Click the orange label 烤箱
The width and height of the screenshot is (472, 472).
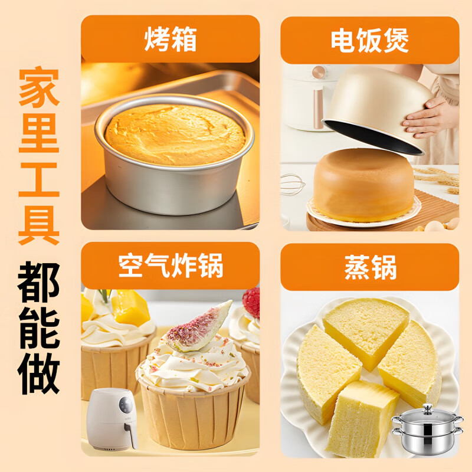tap(170, 40)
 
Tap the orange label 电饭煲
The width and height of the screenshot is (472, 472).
tap(369, 40)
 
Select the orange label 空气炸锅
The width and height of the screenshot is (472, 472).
tap(170, 266)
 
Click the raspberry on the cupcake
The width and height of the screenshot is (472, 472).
tap(252, 301)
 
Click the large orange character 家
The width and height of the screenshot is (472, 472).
tap(38, 87)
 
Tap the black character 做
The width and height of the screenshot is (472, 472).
tap(38, 371)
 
